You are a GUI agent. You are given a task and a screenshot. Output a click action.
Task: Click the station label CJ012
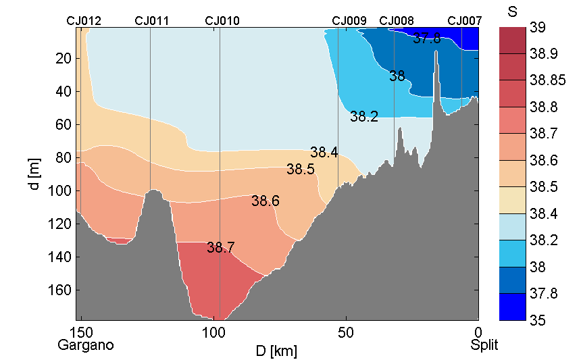(84, 21)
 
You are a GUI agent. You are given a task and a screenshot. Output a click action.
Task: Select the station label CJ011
(152, 21)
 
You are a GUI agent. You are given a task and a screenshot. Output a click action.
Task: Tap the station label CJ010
(222, 21)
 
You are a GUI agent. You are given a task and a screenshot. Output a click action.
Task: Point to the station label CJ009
(349, 21)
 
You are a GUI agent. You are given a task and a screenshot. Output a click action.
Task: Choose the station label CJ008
(397, 21)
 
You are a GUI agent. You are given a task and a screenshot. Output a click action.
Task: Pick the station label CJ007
(465, 21)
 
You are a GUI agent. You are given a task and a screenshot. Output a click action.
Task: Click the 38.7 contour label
(220, 248)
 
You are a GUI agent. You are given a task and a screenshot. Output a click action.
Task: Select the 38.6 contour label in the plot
(265, 201)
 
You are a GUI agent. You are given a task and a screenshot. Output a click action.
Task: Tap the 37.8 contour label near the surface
(426, 38)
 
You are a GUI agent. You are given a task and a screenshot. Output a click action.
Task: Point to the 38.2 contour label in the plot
(363, 117)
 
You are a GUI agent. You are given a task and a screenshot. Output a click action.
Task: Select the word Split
(484, 345)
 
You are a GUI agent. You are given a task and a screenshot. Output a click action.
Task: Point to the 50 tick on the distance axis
(346, 332)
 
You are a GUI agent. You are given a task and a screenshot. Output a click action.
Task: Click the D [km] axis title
(276, 351)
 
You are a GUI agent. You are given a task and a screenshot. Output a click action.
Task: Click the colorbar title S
(511, 11)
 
